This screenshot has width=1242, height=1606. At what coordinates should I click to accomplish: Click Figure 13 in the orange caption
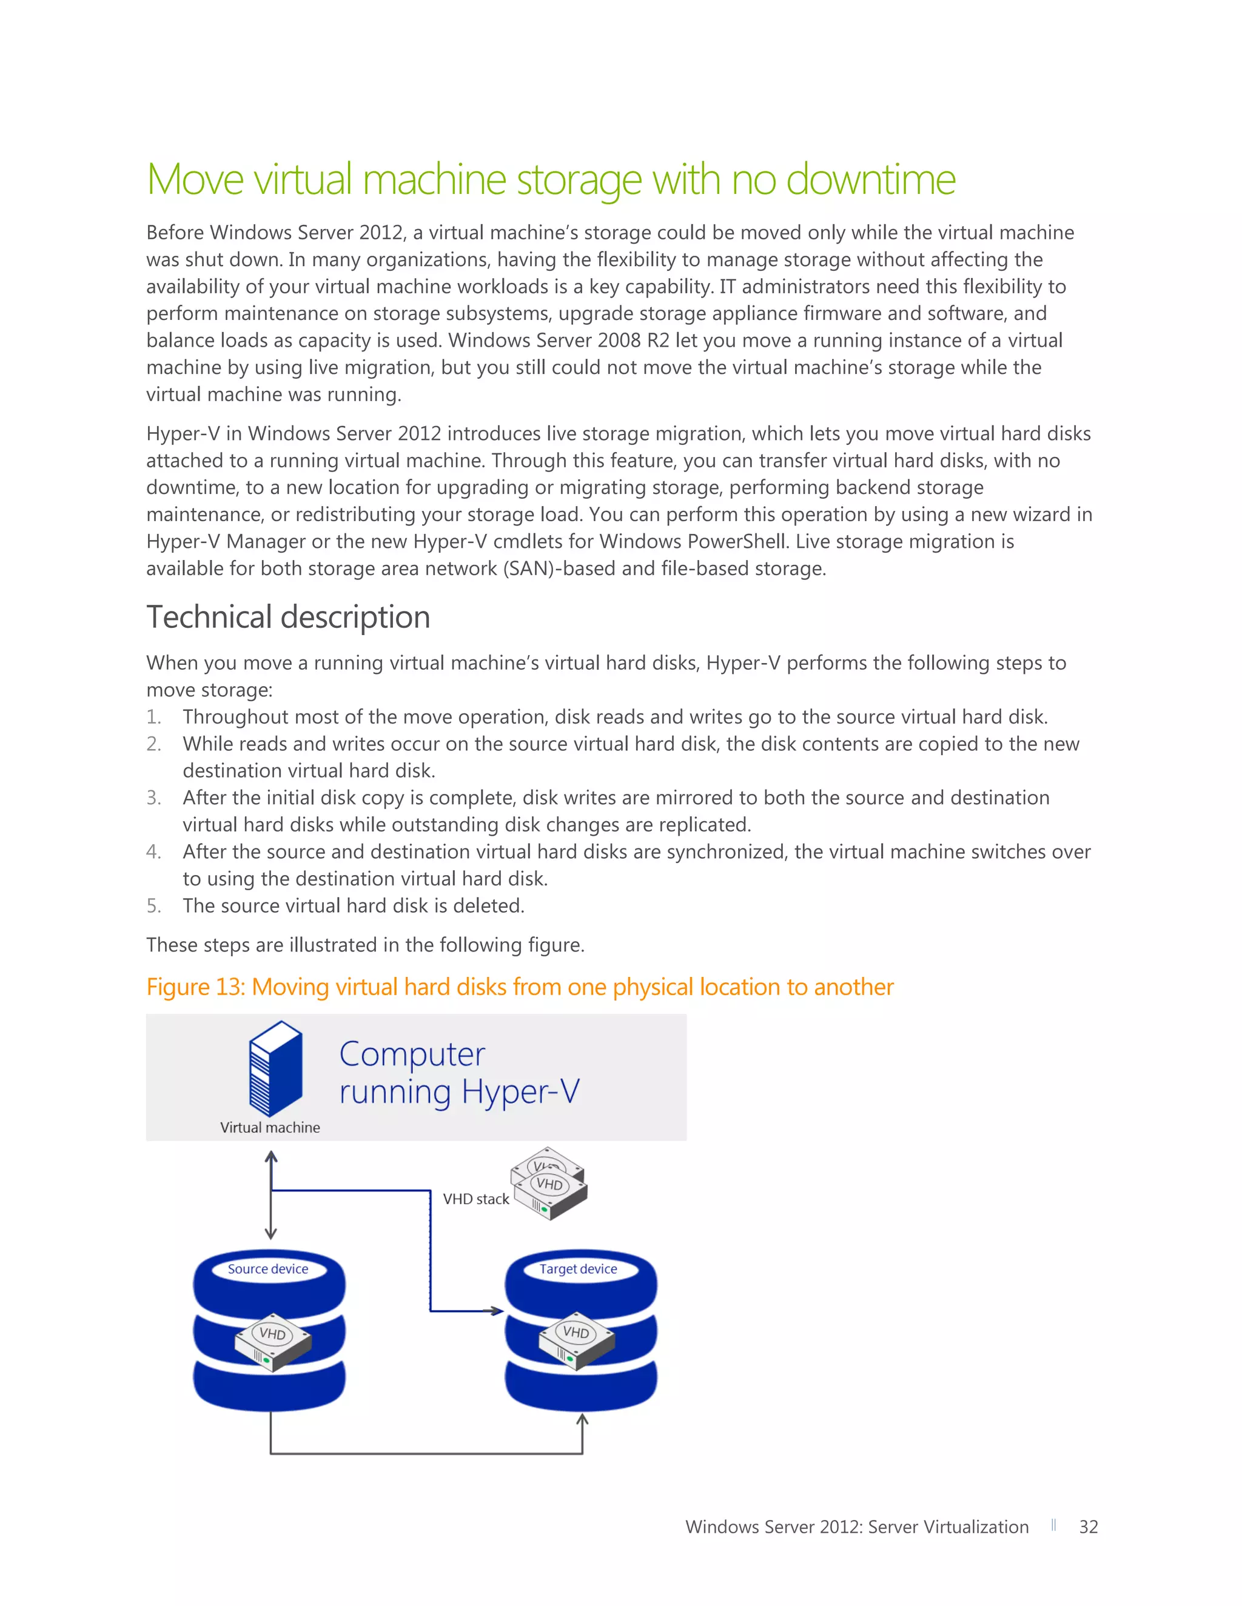[194, 987]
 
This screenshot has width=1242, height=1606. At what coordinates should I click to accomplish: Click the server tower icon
[276, 1068]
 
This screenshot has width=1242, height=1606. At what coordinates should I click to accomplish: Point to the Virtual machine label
[270, 1127]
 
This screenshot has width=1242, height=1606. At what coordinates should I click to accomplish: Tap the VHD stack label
[475, 1199]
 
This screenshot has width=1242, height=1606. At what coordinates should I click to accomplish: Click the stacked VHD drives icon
[549, 1183]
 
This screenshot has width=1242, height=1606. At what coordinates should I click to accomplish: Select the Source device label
[268, 1269]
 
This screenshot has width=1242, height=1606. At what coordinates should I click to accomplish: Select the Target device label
[579, 1269]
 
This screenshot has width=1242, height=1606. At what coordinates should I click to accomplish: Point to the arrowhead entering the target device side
[497, 1311]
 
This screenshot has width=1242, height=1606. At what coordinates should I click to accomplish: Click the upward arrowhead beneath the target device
[582, 1420]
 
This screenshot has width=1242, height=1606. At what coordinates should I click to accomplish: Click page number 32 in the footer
[1088, 1527]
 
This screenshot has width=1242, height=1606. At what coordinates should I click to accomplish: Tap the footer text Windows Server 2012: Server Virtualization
[856, 1527]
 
